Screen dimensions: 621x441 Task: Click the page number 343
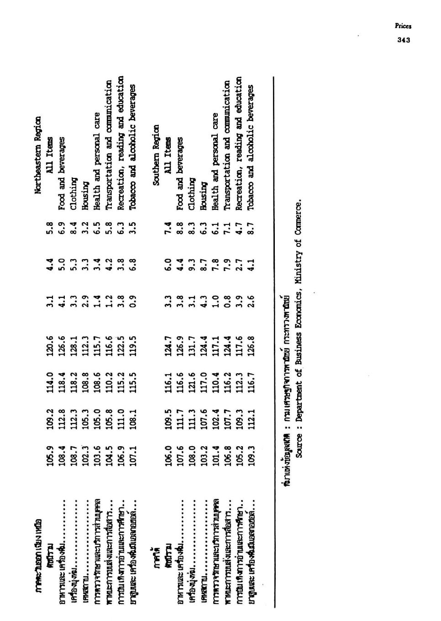pos(404,40)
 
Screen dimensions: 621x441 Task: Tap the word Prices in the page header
pos(404,26)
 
